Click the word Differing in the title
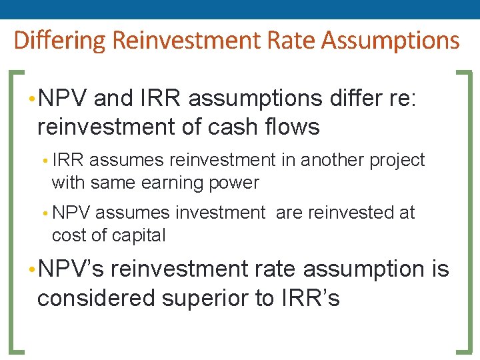(60, 41)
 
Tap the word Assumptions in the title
(391, 41)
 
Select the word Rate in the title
(290, 41)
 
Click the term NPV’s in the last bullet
(70, 269)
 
